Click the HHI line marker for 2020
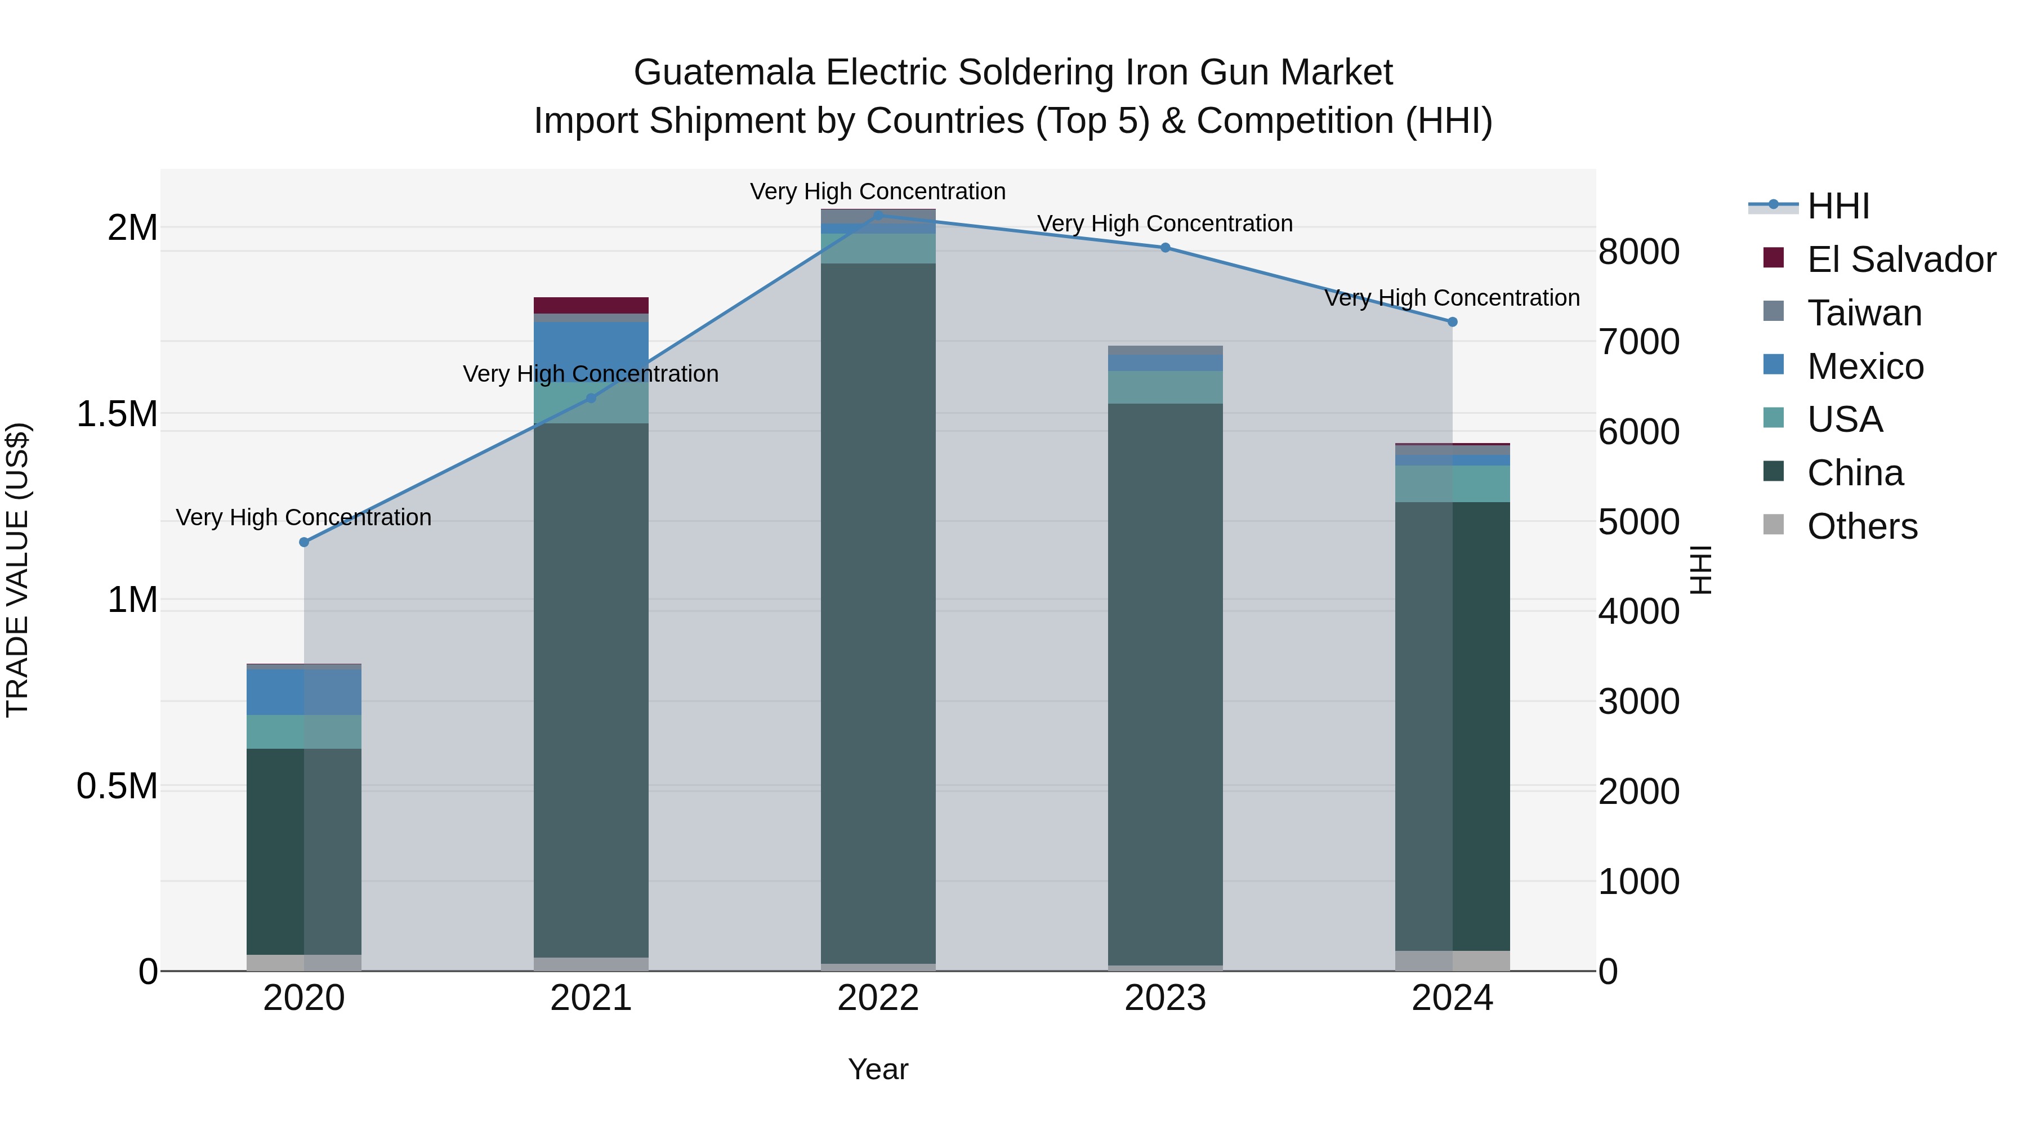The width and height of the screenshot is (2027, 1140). pyautogui.click(x=303, y=542)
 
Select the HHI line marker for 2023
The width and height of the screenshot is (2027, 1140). pyautogui.click(x=1166, y=248)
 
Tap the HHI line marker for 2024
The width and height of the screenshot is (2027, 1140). pyautogui.click(x=1453, y=322)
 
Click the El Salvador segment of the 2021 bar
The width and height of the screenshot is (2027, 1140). pyautogui.click(x=591, y=305)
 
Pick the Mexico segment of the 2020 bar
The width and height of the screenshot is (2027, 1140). pyautogui.click(x=303, y=691)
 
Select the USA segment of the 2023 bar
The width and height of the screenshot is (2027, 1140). pyautogui.click(x=1166, y=387)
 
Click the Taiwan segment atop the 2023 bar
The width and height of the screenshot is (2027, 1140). pyautogui.click(x=1166, y=350)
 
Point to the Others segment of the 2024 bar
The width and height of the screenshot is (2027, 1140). pyautogui.click(x=1453, y=960)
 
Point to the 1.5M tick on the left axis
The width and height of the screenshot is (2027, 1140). pyautogui.click(x=117, y=414)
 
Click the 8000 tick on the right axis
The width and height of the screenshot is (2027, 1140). pyautogui.click(x=1638, y=252)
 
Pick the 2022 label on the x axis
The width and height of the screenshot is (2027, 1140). pyautogui.click(x=878, y=998)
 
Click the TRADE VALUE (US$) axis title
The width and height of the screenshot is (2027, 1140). pyautogui.click(x=17, y=570)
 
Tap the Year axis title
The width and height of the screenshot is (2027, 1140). pyautogui.click(x=878, y=1069)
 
